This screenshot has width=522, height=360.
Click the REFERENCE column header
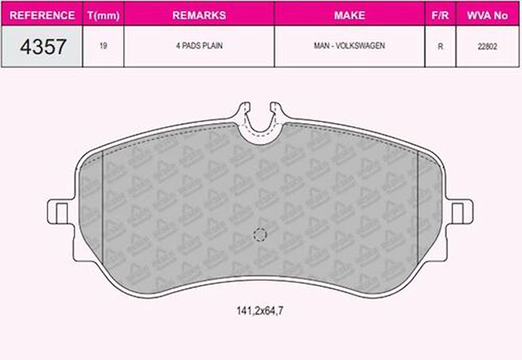tap(42, 15)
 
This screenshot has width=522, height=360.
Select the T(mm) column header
tap(103, 15)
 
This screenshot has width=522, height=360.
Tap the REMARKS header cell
tap(199, 15)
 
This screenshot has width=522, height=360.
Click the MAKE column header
tap(349, 15)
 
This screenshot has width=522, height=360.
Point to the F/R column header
tap(440, 15)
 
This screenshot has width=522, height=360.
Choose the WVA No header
tap(487, 15)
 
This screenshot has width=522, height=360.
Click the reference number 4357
tap(43, 46)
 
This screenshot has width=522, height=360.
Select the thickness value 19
tap(103, 46)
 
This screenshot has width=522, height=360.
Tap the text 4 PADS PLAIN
tap(199, 46)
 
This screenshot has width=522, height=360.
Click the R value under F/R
tap(440, 46)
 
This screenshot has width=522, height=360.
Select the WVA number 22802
tap(487, 46)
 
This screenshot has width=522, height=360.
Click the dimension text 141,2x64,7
tap(260, 311)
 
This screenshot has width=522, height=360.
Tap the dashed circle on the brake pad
tap(260, 234)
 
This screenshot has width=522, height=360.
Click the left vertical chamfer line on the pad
tap(103, 208)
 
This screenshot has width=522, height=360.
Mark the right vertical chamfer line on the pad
tap(418, 208)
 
